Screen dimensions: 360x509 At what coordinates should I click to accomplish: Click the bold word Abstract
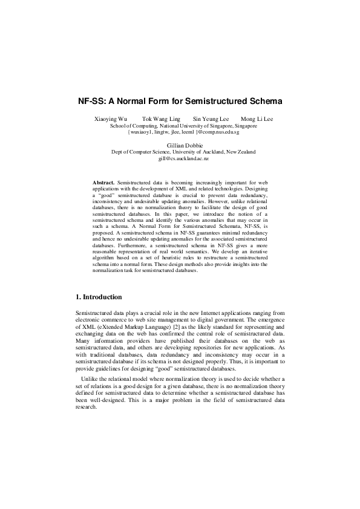pos(103,182)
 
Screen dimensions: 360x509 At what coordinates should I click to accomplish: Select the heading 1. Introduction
pos(99,297)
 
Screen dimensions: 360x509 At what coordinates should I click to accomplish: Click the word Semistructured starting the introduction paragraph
pos(91,313)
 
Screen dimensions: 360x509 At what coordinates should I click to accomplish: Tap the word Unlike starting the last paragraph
pos(92,379)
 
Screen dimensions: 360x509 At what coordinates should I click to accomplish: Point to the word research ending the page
pos(85,407)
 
